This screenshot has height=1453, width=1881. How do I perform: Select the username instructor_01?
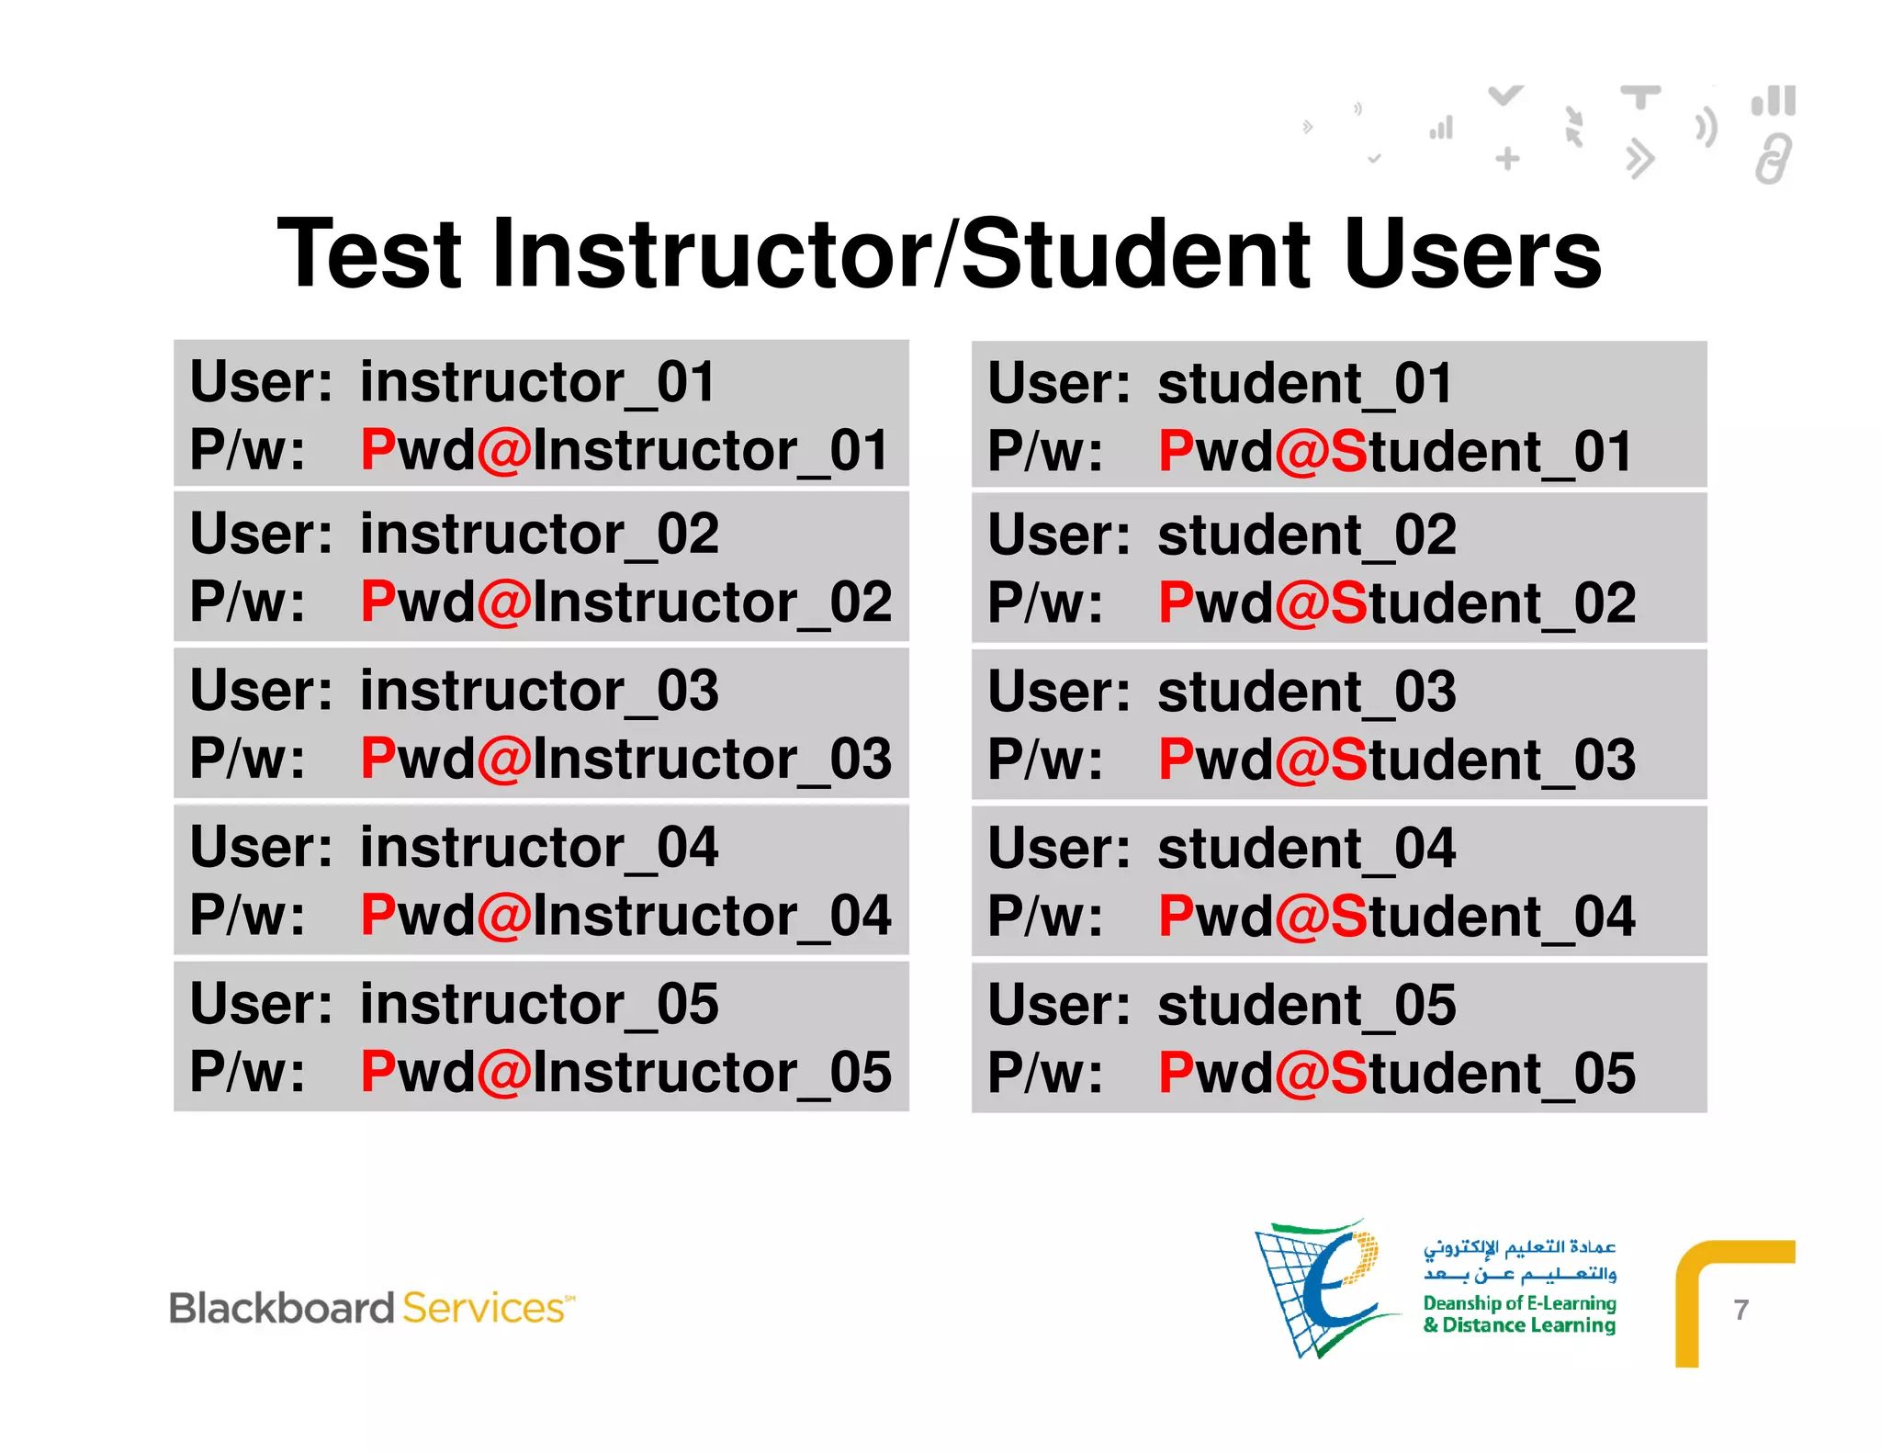(x=537, y=382)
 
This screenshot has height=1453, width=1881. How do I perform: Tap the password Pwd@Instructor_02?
(x=625, y=603)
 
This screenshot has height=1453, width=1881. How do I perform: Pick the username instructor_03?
(x=539, y=691)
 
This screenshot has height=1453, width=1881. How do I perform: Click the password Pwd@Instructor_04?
(x=625, y=916)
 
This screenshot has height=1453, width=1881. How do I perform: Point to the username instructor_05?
(x=539, y=1004)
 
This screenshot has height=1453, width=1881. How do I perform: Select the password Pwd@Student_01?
(x=1395, y=452)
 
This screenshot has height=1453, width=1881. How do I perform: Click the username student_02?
(x=1306, y=535)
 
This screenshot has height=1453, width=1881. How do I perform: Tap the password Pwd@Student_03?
(x=1396, y=760)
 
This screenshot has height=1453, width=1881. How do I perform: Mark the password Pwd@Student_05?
(x=1396, y=1073)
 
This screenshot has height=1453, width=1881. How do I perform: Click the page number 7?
(x=1740, y=1310)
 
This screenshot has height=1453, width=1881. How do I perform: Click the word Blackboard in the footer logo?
(x=282, y=1309)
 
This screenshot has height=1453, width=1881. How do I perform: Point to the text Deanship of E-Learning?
(x=1519, y=1303)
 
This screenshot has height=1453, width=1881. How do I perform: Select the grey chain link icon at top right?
(x=1773, y=159)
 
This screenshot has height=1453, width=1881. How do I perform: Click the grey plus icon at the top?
(x=1507, y=159)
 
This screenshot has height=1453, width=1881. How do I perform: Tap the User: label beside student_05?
(x=1058, y=1005)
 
